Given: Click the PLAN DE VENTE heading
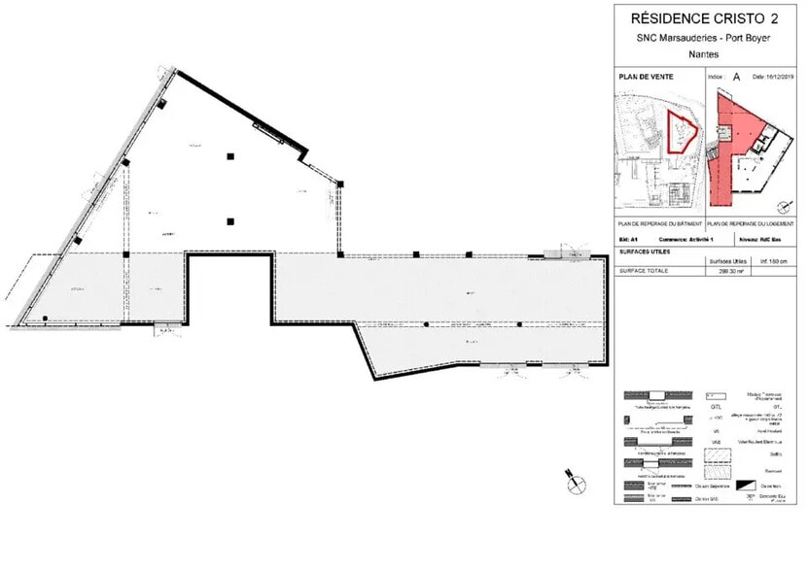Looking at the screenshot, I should [648, 75].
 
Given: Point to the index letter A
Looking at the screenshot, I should [736, 75].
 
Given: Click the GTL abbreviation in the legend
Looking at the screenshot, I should [716, 409].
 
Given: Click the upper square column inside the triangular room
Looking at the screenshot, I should [230, 156].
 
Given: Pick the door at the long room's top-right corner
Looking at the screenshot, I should [564, 254].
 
